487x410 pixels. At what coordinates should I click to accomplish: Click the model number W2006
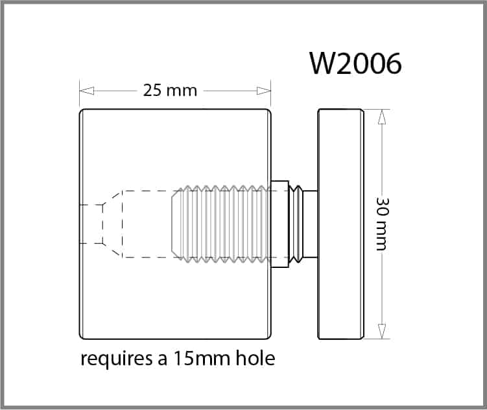[356, 63]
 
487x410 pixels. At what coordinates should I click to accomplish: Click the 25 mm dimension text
[170, 90]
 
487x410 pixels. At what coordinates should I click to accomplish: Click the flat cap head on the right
[340, 224]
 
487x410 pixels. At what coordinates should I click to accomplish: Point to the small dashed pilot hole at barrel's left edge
[91, 224]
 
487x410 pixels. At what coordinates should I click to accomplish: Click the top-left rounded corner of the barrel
[82, 112]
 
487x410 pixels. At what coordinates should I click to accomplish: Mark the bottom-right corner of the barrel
[268, 335]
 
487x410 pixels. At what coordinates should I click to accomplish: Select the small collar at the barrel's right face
[279, 224]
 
